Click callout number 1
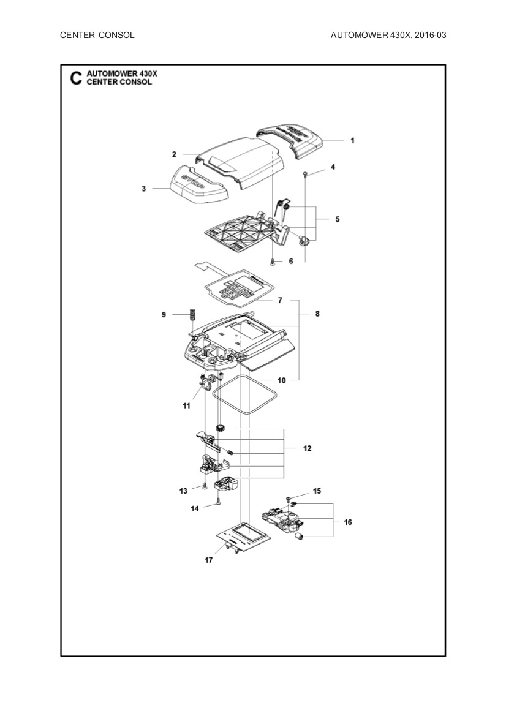coord(352,140)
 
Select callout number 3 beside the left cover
coord(143,189)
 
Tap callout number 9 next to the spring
coord(164,314)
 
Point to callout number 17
coord(209,560)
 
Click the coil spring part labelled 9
coord(191,316)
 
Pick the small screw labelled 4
coord(305,175)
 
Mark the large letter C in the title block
coord(75,78)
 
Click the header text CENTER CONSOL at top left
coord(97,35)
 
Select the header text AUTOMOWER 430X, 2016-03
coord(388,35)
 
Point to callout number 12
coord(308,448)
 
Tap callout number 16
coord(348,522)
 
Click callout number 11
coord(186,406)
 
